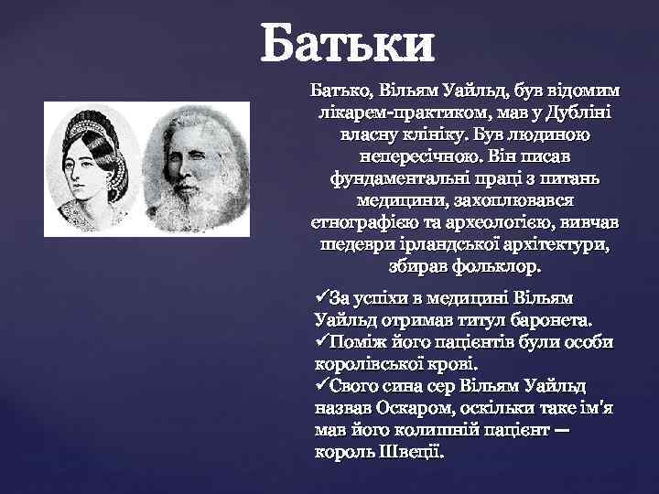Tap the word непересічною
(x=380, y=156)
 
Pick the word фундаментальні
(x=395, y=177)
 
